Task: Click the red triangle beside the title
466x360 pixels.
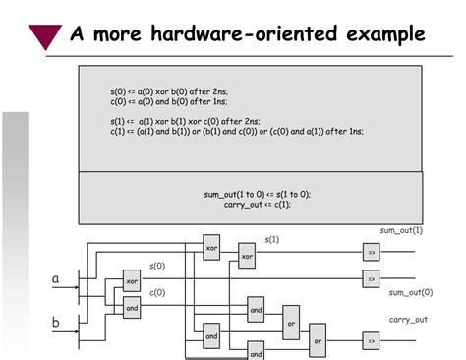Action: click(45, 36)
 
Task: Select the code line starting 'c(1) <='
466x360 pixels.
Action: click(236, 130)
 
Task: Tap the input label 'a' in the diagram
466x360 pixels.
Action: click(56, 279)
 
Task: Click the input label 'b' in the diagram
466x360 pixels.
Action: click(56, 322)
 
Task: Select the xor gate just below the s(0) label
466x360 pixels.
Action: click(133, 281)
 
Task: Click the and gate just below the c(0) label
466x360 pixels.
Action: click(133, 306)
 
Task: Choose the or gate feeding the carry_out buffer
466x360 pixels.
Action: click(317, 340)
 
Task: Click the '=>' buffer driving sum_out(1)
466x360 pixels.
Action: click(371, 253)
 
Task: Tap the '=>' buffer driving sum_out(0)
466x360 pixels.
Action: click(371, 279)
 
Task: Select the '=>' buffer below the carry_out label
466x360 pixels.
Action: click(371, 340)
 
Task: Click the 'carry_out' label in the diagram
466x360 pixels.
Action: click(408, 320)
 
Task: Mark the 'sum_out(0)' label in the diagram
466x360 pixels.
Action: click(410, 292)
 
